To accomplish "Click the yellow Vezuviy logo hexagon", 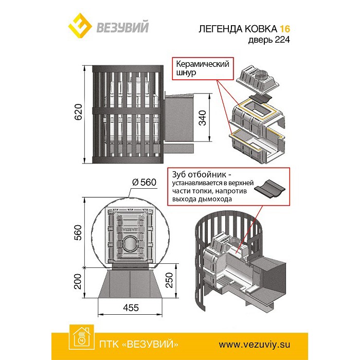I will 81,26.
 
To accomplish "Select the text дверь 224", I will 268,41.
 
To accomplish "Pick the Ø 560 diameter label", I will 145,183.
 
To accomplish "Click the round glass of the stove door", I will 131,241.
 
